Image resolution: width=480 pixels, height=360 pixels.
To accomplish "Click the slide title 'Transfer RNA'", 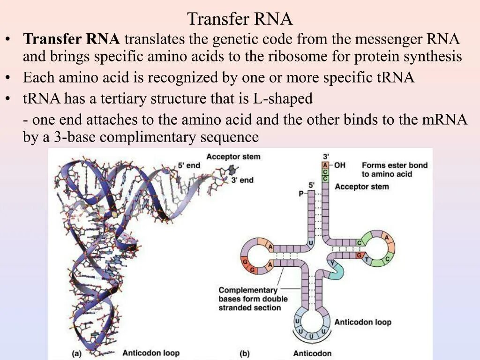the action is point(240,19).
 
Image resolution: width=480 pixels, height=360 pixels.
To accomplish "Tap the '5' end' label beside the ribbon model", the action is point(188,165).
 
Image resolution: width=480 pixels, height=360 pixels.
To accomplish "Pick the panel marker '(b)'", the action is point(244,353).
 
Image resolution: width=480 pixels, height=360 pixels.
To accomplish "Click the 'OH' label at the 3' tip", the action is point(340,165).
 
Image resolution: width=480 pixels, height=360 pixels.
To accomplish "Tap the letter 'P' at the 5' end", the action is point(301,193).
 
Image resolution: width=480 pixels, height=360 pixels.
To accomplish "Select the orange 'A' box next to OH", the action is point(325,165).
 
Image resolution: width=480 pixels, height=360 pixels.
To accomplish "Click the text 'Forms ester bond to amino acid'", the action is point(394,170).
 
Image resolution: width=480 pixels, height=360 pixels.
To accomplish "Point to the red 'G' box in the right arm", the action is point(360,255).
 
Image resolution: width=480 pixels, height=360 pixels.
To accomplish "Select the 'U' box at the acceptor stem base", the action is point(310,243).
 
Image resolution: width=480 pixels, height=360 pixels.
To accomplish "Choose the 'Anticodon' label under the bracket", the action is point(312,353).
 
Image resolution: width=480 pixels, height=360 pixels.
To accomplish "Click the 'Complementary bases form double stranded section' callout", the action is point(253,299).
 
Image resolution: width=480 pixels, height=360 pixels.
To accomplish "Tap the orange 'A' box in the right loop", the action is point(387,238).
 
